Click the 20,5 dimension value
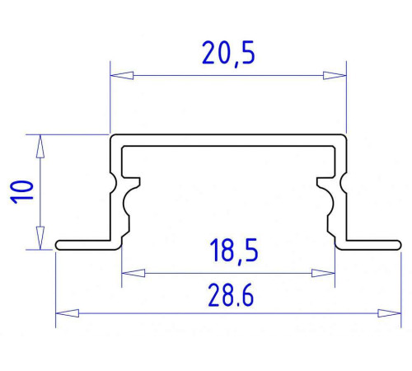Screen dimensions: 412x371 coord(228,54)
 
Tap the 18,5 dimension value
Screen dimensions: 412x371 coord(234,251)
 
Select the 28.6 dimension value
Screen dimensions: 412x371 coord(231,296)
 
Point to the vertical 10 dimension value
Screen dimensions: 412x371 coord(21,192)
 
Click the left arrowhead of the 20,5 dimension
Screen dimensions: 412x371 coord(122,75)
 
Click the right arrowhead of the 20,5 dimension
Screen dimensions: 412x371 coord(335,75)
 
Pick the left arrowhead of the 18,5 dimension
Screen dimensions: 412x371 coord(133,273)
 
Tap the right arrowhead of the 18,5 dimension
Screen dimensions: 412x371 coord(323,273)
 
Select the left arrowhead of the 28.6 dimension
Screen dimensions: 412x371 coord(68,313)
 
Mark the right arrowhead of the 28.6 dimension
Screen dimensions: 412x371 coord(390,313)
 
